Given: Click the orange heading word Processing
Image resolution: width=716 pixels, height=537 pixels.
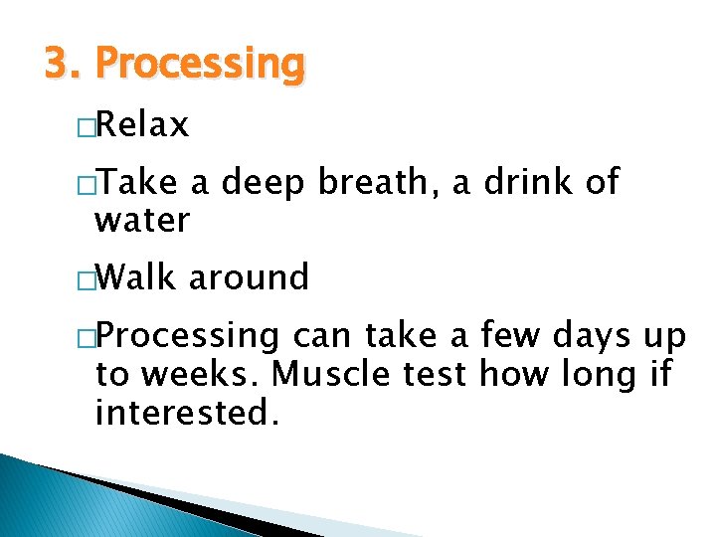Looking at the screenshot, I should pyautogui.click(x=199, y=65).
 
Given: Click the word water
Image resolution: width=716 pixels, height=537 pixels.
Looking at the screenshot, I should pyautogui.click(x=141, y=220).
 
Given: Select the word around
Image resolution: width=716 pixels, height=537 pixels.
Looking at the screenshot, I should pyautogui.click(x=249, y=277).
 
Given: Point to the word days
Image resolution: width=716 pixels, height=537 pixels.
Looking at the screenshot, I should pyautogui.click(x=595, y=336).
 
